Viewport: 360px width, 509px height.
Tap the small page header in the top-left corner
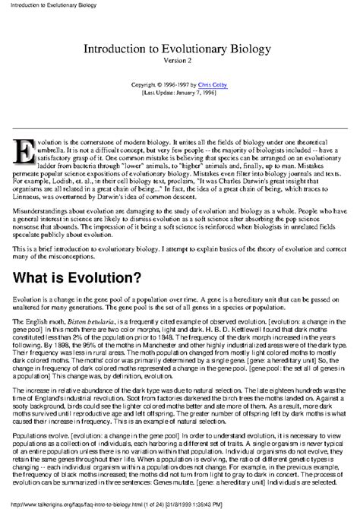[x=39, y=6]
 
